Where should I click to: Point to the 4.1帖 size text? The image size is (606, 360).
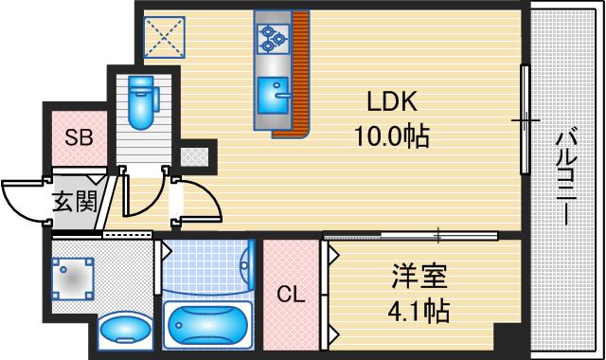(418, 310)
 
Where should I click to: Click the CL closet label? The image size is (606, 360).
(291, 295)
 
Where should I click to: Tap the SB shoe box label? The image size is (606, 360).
(78, 137)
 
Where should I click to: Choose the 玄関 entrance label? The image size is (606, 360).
(73, 200)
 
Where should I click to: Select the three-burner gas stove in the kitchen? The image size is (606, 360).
(271, 37)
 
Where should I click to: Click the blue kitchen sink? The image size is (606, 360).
(276, 92)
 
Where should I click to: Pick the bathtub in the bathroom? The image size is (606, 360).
(206, 326)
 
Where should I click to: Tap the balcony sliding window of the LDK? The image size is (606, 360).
(524, 119)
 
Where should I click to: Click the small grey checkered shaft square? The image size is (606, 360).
(200, 153)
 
